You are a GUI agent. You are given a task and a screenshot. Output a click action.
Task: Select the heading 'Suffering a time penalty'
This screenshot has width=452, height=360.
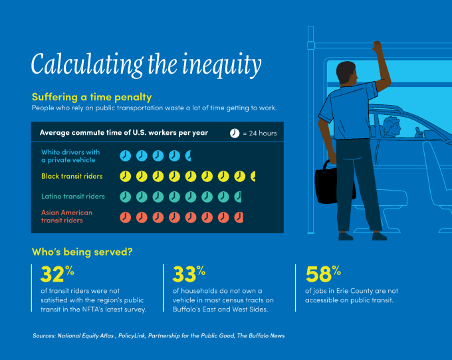pos(92,97)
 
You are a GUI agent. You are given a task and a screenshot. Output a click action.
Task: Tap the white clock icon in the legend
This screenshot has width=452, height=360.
pos(235,133)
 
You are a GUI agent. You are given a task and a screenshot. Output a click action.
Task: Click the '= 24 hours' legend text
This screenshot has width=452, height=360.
pos(260,133)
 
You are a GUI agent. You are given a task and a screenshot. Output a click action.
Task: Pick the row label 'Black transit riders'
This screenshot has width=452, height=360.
pos(72,176)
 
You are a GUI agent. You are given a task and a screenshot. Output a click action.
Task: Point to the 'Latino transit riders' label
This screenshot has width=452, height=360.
pos(73,197)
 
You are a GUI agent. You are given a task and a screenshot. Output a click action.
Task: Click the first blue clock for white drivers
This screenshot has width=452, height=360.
pos(126,155)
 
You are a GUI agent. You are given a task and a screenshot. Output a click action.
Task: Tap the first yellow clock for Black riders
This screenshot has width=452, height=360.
pos(126,176)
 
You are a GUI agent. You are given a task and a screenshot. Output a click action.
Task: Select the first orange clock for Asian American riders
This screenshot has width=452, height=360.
pos(126,217)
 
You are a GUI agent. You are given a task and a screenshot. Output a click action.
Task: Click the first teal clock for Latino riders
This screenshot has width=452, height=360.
pos(126,197)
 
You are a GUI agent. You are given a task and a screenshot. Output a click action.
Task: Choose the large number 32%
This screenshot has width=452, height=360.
pos(56,274)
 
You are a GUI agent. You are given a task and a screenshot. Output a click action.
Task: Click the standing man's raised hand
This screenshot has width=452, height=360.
pos(378,48)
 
